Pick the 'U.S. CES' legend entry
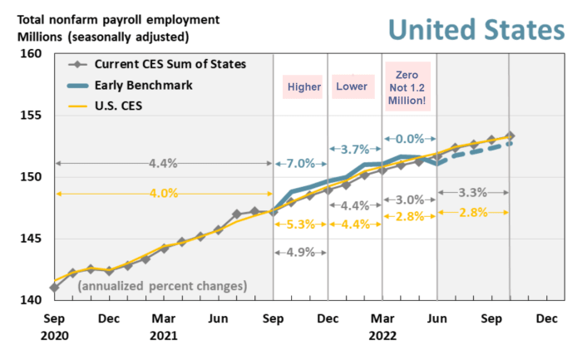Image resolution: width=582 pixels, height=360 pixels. click(122, 105)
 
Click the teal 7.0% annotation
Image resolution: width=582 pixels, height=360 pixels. click(299, 163)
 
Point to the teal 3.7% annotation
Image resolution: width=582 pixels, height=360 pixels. click(355, 149)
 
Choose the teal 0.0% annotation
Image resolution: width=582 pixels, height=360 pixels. click(409, 139)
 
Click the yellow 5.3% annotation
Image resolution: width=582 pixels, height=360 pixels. click(299, 223)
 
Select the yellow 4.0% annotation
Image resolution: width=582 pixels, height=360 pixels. click(163, 194)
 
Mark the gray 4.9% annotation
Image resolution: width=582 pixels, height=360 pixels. click(299, 253)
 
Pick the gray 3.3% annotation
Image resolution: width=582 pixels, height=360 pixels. click(472, 193)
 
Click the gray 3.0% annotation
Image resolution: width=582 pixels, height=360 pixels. click(409, 200)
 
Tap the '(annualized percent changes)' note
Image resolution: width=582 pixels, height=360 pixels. click(163, 285)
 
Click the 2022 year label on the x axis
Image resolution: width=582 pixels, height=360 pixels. click(382, 336)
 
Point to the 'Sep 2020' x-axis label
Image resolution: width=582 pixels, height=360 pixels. click(55, 327)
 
